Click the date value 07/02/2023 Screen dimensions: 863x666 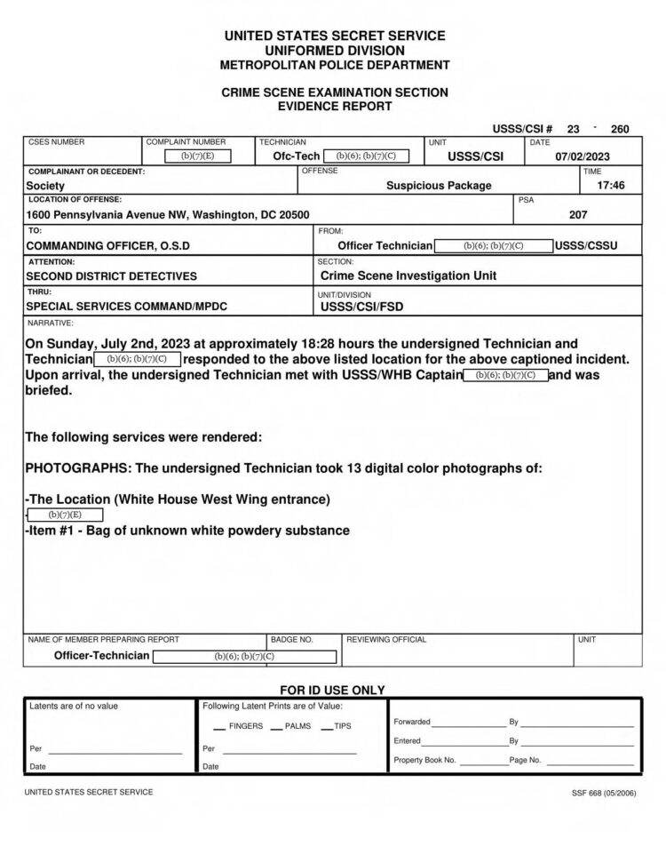[x=583, y=156]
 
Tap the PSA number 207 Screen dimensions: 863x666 [x=578, y=214]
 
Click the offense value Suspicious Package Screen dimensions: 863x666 [x=439, y=186]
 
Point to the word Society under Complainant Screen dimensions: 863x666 [x=44, y=186]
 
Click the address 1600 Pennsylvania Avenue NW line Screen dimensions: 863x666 [x=168, y=215]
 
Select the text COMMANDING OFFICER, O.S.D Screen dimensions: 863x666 [x=107, y=245]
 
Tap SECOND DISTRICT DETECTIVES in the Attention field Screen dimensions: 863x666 [x=112, y=276]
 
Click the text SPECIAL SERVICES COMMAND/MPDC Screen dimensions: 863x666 [x=127, y=307]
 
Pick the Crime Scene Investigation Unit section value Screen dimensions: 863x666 [x=408, y=276]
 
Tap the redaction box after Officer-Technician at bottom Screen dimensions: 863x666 [x=244, y=657]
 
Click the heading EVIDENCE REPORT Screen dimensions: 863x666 [x=334, y=106]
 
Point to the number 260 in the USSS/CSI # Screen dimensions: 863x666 [x=620, y=129]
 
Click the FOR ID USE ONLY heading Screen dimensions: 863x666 [x=332, y=690]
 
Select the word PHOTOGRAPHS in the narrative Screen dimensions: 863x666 [x=75, y=468]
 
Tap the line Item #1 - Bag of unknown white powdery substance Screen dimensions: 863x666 [x=187, y=531]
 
